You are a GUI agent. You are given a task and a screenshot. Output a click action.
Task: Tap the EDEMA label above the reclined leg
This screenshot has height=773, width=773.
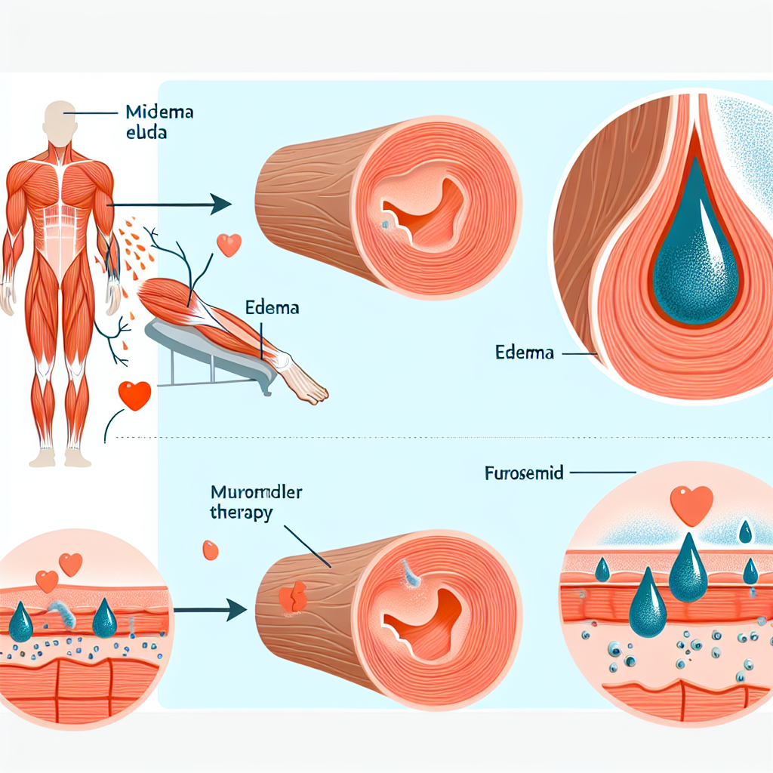[x=273, y=308]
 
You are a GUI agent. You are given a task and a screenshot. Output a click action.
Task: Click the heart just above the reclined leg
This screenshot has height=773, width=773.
[x=228, y=245]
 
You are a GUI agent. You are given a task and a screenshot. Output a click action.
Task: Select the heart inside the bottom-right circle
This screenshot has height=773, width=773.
[x=691, y=504]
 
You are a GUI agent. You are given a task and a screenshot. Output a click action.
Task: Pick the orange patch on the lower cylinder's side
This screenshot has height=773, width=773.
[x=293, y=597]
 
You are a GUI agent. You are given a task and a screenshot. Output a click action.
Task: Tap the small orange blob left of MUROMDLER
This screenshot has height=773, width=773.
[x=211, y=550]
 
